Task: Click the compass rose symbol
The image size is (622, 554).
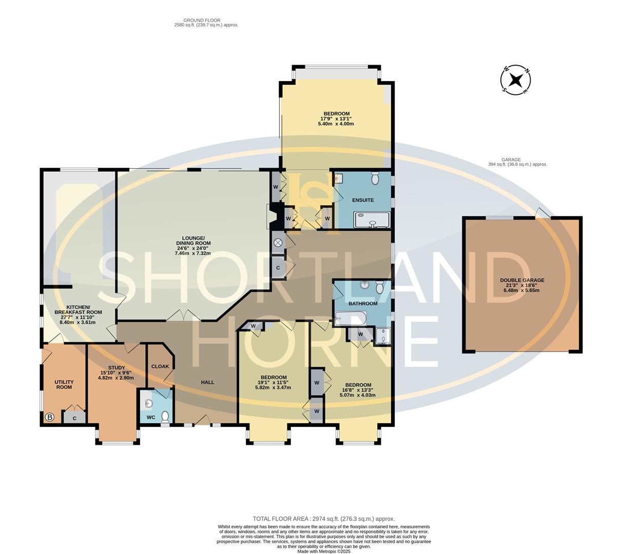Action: (x=516, y=81)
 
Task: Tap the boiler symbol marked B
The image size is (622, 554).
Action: (x=49, y=418)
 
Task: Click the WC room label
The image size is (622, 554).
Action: (x=151, y=418)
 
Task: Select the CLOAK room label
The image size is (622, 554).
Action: (x=160, y=367)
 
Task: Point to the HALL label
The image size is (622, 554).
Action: (x=207, y=382)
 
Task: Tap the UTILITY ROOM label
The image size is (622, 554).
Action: (x=64, y=385)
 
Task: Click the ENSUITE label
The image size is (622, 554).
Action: (x=363, y=200)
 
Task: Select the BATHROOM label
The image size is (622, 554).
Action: (x=363, y=304)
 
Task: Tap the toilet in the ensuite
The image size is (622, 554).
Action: (x=375, y=178)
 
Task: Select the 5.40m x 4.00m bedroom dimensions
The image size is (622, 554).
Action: (x=336, y=124)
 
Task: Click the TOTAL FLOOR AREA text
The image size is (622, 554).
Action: (x=323, y=519)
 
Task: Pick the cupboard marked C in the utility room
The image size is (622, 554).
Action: (x=75, y=418)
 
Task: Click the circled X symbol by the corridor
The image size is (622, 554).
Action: (x=278, y=242)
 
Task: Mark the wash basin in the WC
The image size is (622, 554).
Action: (x=148, y=403)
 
